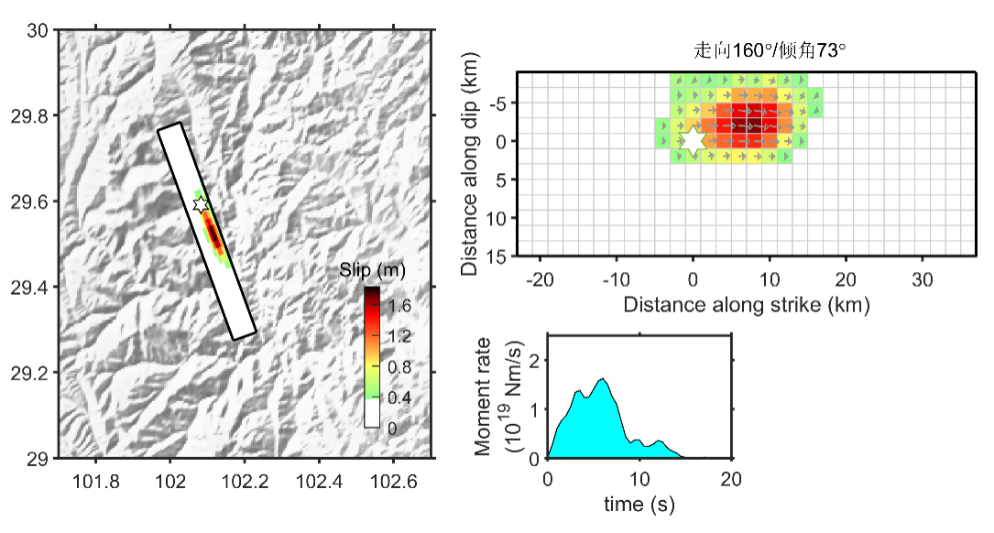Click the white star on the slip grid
(x=694, y=140)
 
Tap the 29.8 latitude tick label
(x=37, y=115)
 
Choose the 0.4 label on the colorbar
(x=399, y=398)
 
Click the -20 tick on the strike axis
(x=540, y=277)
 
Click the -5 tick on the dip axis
(x=496, y=103)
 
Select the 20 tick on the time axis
(x=731, y=478)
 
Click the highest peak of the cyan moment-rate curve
(x=603, y=379)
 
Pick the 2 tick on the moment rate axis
(x=535, y=359)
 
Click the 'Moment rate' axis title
(x=485, y=396)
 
